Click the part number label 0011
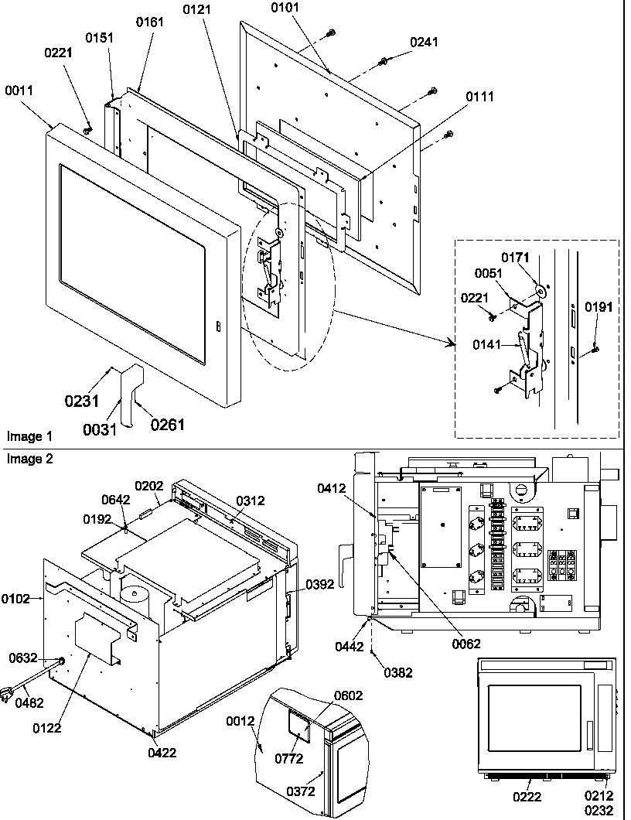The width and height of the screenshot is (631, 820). [19, 91]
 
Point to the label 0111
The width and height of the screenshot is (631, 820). [479, 97]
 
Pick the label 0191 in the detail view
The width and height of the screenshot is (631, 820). [598, 307]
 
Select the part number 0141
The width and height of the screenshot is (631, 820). [489, 346]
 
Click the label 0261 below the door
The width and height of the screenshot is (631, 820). [167, 424]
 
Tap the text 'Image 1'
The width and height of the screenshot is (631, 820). [25, 436]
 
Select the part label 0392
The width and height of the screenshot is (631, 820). [320, 584]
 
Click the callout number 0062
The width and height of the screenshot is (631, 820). [466, 643]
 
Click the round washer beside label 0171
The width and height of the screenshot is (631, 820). [541, 291]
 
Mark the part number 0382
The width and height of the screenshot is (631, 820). [399, 673]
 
